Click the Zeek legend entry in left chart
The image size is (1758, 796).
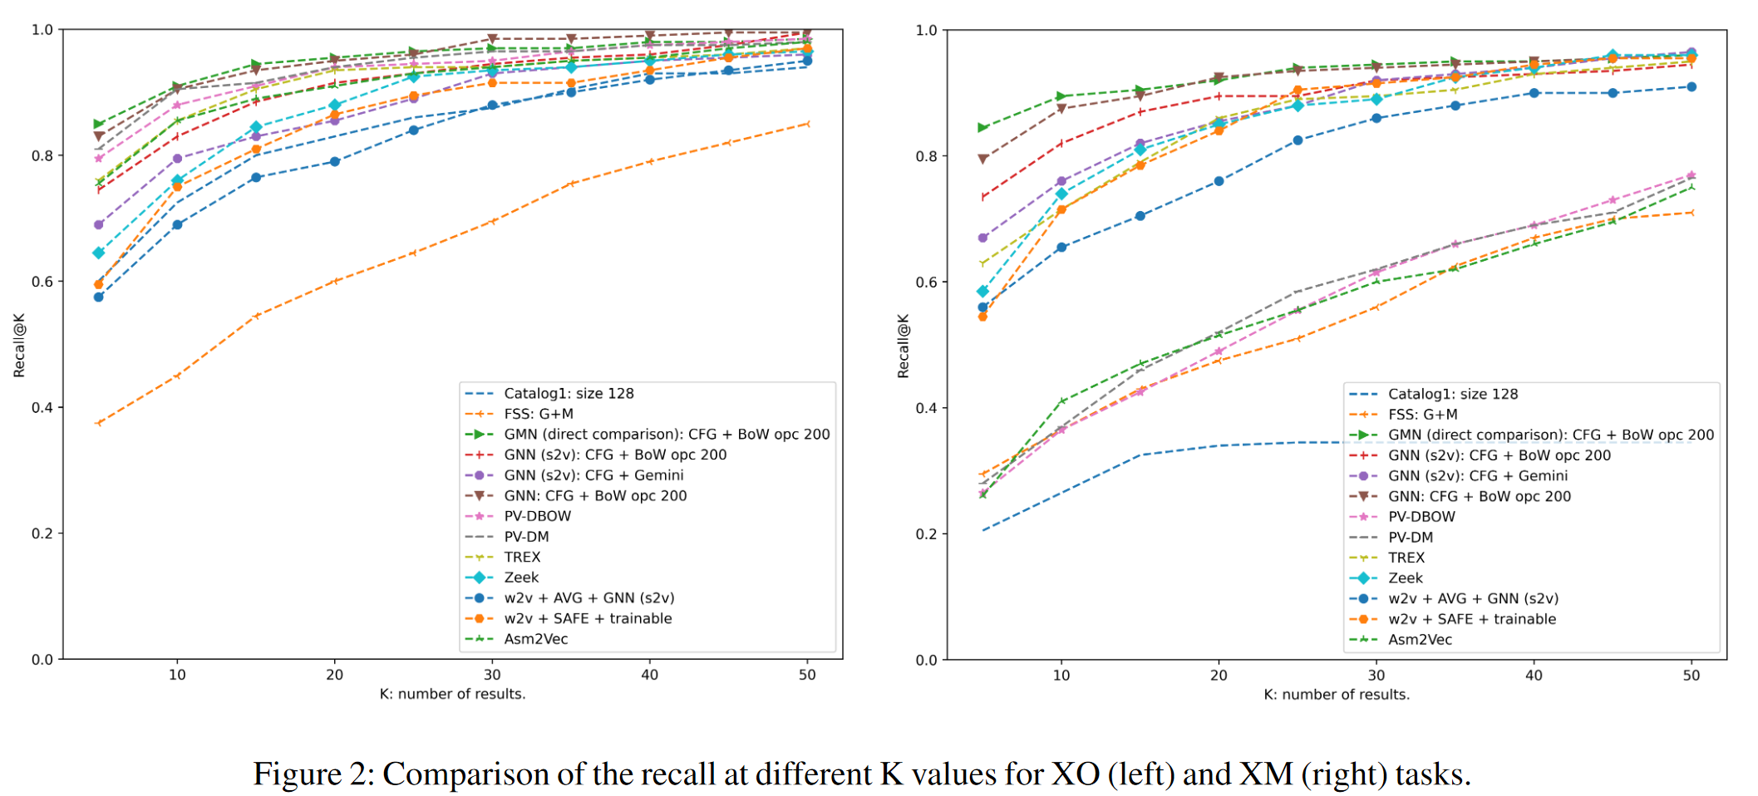point(521,577)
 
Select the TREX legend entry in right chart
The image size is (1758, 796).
point(1406,558)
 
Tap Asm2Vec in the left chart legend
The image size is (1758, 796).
point(535,639)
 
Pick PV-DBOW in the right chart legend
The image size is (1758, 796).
point(1421,517)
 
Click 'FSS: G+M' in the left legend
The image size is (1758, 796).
point(538,414)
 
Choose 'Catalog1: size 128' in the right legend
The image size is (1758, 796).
point(1452,394)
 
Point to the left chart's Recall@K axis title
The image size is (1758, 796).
point(19,345)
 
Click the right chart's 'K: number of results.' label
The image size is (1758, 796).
point(1337,695)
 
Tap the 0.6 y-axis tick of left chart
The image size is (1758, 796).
point(42,282)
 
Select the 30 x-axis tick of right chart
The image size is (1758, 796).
point(1376,676)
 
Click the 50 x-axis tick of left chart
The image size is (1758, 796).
point(807,675)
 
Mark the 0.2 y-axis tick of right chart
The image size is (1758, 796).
point(926,534)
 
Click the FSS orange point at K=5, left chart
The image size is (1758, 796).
point(99,423)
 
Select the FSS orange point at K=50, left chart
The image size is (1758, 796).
point(807,124)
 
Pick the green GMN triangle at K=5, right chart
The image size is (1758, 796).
point(982,128)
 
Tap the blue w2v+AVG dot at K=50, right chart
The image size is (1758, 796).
point(1692,87)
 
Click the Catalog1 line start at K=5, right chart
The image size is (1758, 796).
point(982,530)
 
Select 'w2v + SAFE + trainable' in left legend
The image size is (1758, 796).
point(588,619)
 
